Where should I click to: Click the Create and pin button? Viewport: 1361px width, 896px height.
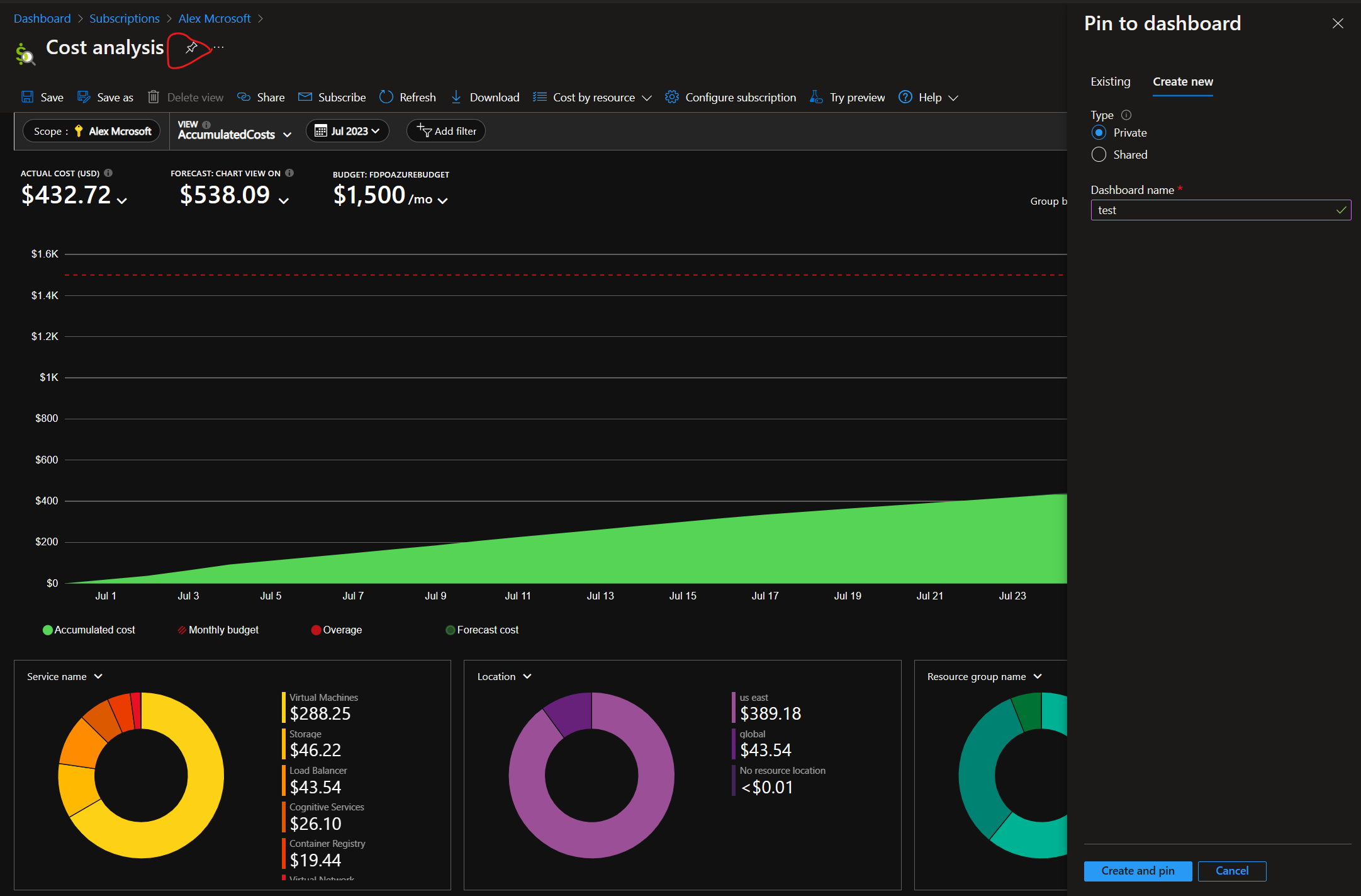(1137, 871)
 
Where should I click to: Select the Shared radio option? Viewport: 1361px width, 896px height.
(1099, 155)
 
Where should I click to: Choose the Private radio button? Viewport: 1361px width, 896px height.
(1099, 133)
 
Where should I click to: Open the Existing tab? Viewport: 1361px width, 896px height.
(1110, 82)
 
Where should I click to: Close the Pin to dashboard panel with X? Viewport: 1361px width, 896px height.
(1338, 24)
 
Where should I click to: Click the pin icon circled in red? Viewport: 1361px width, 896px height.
(191, 48)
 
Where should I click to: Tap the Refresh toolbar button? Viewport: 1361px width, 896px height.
(408, 98)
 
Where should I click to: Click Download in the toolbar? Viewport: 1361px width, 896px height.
(485, 98)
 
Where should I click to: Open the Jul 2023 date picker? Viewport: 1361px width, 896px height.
(347, 131)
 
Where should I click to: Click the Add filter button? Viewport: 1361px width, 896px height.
(446, 131)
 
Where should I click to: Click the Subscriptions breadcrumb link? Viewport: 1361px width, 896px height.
(125, 19)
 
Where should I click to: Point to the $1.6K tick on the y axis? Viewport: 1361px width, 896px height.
(45, 254)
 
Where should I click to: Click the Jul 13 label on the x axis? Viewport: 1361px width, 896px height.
(600, 596)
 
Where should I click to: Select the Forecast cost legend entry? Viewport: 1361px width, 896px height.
(482, 630)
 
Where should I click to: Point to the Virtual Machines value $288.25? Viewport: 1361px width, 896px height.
(320, 714)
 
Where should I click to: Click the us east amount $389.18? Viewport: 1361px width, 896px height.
(770, 714)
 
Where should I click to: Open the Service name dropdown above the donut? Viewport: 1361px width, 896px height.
(64, 677)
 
